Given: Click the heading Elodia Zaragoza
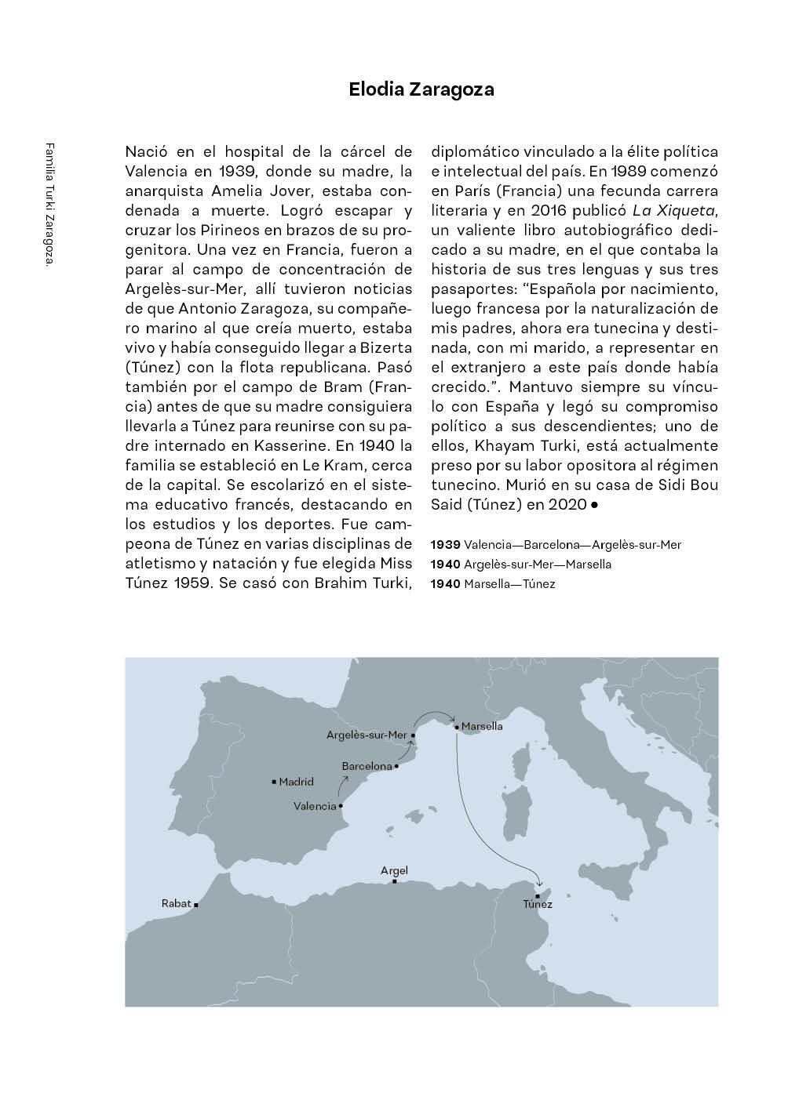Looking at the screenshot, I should [x=421, y=89].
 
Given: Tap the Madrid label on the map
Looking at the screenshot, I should [x=297, y=782].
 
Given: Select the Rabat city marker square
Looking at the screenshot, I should [x=196, y=905].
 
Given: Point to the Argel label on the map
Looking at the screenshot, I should [x=394, y=870].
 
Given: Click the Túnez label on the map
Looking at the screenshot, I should [x=538, y=905].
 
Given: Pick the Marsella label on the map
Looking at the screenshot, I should [x=482, y=727].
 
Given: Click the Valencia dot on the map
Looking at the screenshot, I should [x=341, y=805].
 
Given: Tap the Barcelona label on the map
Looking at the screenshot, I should [x=367, y=766].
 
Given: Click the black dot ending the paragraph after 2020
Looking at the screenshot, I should [x=594, y=505].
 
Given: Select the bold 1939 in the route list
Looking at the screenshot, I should [x=446, y=544].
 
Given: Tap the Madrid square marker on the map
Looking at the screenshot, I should [x=273, y=782].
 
